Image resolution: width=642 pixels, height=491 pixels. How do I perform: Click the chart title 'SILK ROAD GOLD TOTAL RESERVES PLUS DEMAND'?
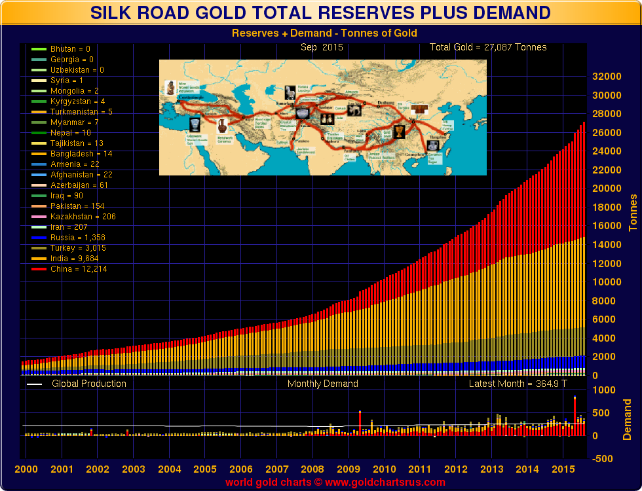point(320,12)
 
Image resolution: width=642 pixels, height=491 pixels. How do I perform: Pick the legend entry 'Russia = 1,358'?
point(77,238)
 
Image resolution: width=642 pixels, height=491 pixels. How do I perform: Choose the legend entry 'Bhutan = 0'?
point(70,49)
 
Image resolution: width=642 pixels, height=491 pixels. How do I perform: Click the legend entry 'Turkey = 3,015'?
point(78,248)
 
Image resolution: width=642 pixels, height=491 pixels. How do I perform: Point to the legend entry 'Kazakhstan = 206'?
point(83,217)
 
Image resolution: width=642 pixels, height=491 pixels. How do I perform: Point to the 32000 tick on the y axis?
point(606,76)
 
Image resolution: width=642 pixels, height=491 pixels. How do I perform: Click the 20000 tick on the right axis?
point(606,189)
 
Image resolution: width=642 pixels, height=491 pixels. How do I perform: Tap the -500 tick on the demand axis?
point(606,459)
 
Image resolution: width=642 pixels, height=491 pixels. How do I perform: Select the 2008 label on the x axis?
point(312,469)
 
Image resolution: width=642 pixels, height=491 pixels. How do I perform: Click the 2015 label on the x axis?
point(563,469)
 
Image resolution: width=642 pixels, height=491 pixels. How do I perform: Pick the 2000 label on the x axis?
point(26,469)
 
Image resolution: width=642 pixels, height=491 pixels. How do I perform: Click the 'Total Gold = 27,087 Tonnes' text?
point(487,47)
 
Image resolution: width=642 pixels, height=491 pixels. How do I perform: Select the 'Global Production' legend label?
point(89,384)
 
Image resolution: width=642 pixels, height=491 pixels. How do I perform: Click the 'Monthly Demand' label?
point(322,384)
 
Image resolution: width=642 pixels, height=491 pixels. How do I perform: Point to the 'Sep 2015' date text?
point(322,47)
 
